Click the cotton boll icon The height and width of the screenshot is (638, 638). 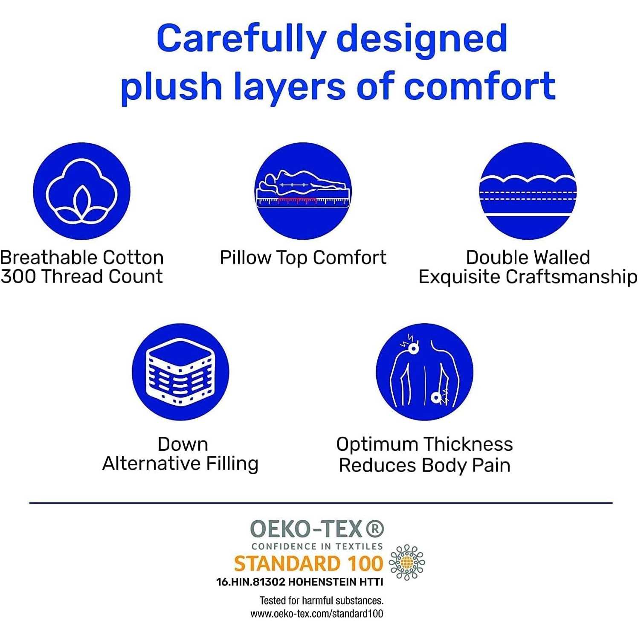81,191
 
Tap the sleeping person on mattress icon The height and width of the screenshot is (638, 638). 303,191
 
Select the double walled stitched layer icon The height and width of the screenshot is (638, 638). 528,191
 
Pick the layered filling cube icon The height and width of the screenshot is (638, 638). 180,371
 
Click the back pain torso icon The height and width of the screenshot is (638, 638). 424,371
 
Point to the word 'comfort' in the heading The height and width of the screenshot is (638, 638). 479,86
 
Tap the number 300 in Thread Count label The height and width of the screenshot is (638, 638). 18,276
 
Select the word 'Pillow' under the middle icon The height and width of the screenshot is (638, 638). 245,258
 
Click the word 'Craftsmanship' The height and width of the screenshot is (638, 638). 571,277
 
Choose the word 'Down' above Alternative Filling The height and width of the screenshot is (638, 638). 183,444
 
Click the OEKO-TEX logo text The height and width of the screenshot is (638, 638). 306,529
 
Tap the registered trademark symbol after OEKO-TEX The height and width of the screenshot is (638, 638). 375,529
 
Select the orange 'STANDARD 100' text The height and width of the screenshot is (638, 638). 309,564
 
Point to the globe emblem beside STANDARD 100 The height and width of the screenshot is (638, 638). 407,562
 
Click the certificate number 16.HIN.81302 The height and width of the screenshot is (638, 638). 251,582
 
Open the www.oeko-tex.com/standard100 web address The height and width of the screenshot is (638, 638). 316,614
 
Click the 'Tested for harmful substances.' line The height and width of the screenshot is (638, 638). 322,600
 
